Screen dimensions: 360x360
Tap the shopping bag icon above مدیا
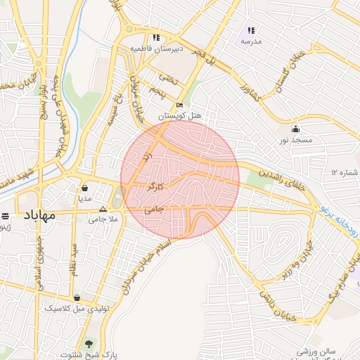[85, 188]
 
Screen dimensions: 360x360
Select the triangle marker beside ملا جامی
[103, 209]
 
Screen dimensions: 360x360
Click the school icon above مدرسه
[251, 30]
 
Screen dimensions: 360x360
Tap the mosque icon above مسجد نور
[295, 129]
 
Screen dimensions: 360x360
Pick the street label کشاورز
[248, 94]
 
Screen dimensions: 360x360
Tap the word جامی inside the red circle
[154, 209]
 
